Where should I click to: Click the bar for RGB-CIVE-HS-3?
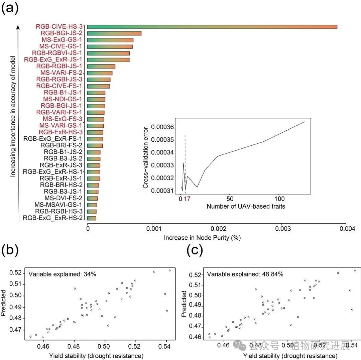coord(212,27)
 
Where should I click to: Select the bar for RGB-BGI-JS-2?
coord(114,33)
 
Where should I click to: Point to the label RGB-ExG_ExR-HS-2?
coord(52,218)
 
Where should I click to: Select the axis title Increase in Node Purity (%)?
coord(202,238)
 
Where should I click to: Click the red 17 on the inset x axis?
coord(187,198)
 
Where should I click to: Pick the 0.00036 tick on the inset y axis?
coord(163,127)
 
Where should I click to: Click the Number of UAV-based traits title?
coord(246,206)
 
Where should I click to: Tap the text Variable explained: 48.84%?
coord(245,274)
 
